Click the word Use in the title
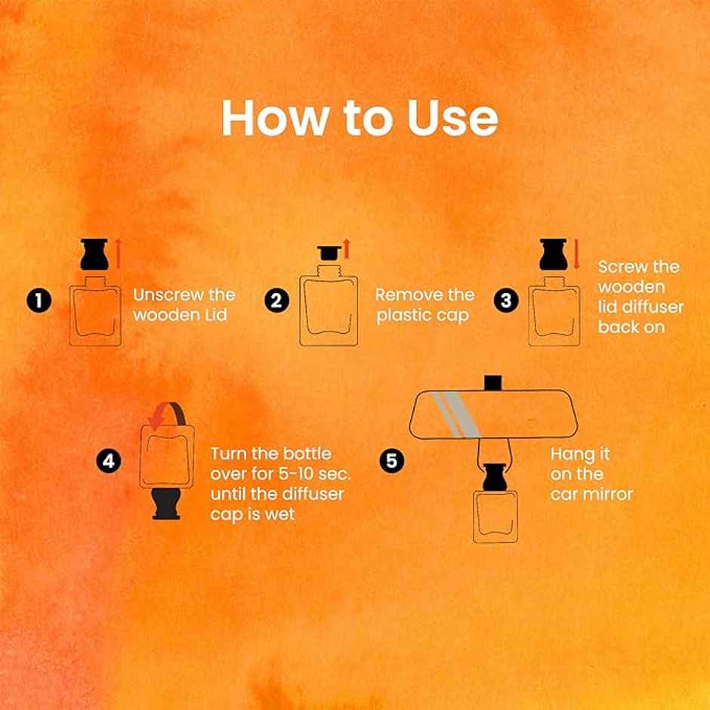452,117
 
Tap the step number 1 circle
39,301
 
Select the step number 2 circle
276,301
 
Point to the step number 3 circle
506,301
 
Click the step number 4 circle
109,461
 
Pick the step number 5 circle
391,461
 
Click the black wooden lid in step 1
94,254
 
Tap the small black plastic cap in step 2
329,253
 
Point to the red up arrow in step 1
118,254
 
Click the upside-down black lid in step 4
166,504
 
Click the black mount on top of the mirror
492,383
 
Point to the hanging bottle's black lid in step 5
495,477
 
